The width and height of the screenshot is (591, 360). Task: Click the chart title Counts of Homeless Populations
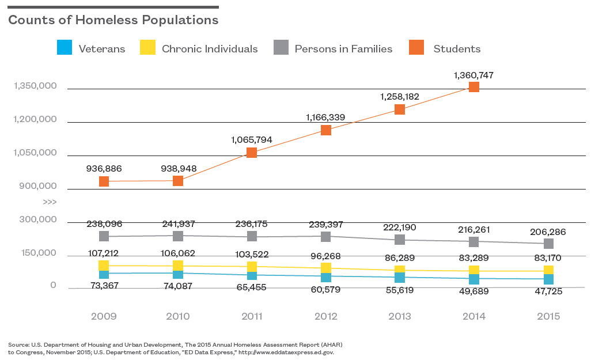point(113,20)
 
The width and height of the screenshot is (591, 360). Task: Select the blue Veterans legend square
point(65,48)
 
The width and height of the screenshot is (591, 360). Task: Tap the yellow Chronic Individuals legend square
point(147,48)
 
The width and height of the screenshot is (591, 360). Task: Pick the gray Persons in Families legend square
point(281,48)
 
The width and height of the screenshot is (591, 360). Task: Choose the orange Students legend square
point(416,48)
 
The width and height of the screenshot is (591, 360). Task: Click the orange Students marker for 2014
point(473,87)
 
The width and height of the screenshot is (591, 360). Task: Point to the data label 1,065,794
point(251,139)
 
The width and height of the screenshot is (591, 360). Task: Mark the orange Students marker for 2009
point(104,181)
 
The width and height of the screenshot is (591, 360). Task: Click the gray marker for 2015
point(548,244)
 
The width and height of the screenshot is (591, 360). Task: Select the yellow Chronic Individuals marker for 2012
point(325,267)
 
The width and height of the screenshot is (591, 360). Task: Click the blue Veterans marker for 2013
point(400,278)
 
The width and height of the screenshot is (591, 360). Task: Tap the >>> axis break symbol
point(50,202)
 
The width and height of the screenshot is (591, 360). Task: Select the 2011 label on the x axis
point(251,316)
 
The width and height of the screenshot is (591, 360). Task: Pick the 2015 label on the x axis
point(548,316)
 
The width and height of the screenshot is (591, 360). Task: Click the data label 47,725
point(548,291)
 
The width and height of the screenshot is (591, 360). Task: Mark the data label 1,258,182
point(400,96)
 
